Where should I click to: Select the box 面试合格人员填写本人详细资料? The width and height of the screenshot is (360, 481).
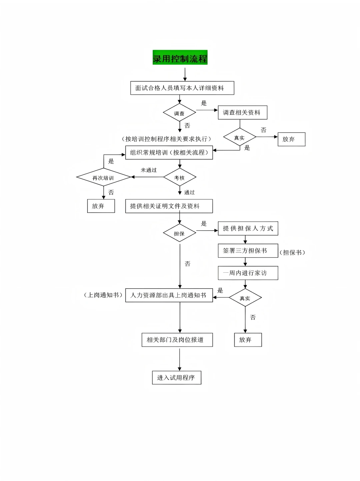[x=182, y=88]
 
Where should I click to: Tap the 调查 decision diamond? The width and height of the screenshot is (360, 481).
[x=179, y=113]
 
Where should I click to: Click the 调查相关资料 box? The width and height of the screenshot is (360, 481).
[x=242, y=113]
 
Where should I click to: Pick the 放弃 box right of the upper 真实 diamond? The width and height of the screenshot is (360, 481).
[x=291, y=139]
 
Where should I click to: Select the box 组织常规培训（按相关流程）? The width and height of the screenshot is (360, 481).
[x=169, y=153]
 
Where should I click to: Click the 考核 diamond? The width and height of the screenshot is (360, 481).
[x=180, y=178]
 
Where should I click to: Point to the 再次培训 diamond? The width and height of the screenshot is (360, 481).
[x=103, y=178]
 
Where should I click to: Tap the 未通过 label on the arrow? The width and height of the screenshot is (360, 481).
[x=149, y=170]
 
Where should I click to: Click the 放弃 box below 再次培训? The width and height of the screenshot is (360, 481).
[x=101, y=206]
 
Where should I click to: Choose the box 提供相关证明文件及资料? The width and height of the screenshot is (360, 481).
[x=169, y=206]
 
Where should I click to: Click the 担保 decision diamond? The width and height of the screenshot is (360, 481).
[x=179, y=233]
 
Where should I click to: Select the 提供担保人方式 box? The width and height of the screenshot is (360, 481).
[x=248, y=228]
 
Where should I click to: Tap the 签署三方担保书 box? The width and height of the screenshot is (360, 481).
[x=248, y=251]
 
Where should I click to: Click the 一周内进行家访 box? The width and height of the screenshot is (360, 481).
[x=248, y=273]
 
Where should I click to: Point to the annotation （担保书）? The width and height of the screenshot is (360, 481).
[x=292, y=253]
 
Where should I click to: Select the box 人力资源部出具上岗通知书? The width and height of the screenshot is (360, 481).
[x=169, y=295]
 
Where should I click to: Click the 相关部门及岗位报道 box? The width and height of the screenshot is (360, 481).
[x=177, y=340]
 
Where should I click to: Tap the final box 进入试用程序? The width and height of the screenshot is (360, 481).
[x=177, y=378]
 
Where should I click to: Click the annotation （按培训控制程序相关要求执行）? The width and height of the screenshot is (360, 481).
[x=167, y=139]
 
